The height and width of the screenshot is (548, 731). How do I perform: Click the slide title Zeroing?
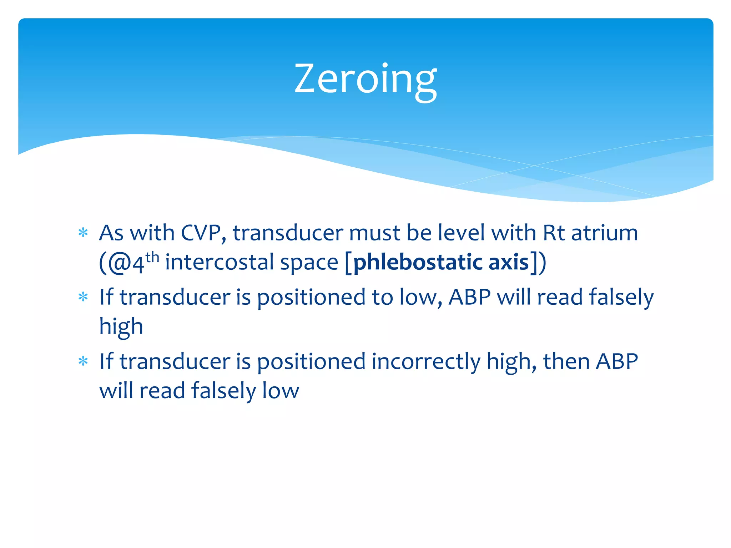(x=365, y=79)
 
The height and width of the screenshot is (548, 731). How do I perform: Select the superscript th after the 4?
(x=152, y=257)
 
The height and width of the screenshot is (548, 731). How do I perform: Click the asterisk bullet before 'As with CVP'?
(x=83, y=233)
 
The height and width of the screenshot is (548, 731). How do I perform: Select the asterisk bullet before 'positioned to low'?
(x=83, y=297)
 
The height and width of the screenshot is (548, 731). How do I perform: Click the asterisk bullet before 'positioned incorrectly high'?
(x=83, y=361)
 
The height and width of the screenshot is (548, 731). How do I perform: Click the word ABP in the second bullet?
(x=470, y=297)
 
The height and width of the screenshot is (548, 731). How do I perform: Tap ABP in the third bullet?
(x=617, y=361)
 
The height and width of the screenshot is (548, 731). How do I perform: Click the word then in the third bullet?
(x=566, y=361)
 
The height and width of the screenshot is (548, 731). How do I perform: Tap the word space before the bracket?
(x=309, y=263)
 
